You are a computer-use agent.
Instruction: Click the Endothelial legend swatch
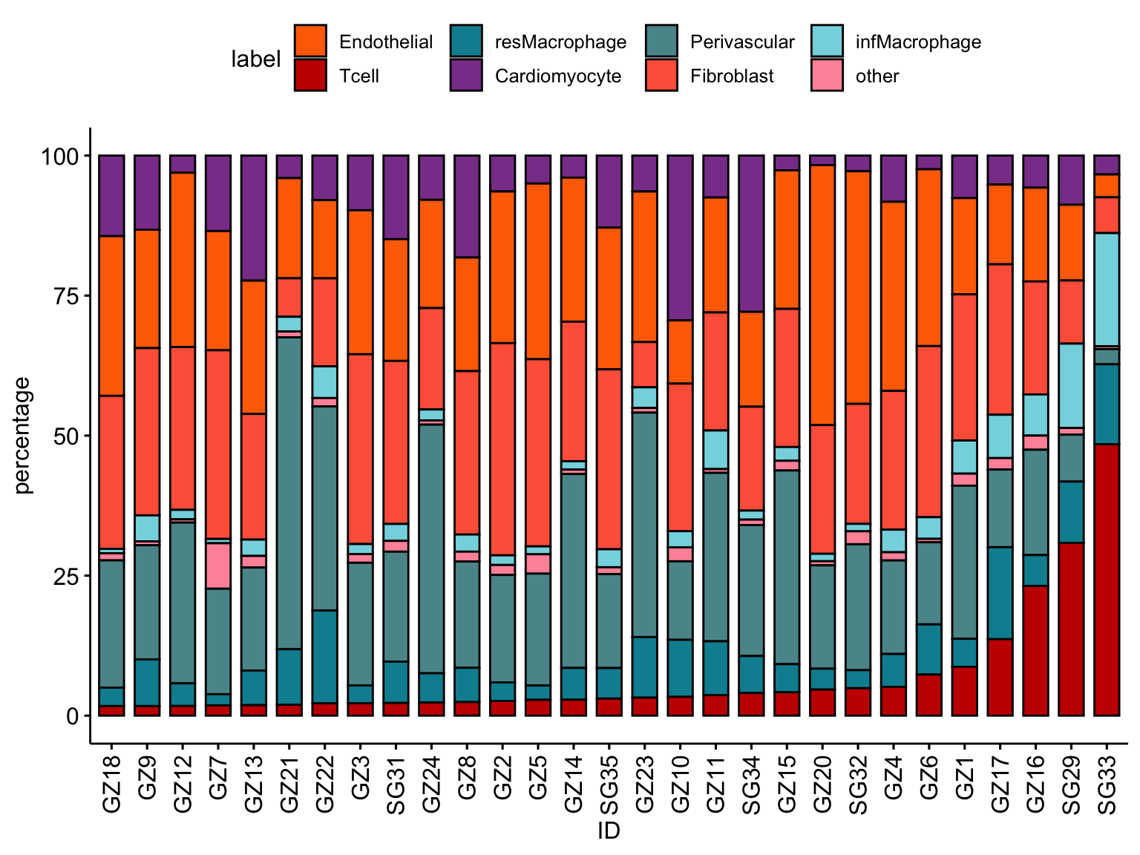(310, 42)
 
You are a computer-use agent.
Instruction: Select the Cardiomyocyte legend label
(558, 76)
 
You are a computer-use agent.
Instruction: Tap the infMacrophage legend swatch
(828, 42)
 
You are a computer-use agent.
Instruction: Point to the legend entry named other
(877, 76)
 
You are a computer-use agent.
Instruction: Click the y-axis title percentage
(23, 436)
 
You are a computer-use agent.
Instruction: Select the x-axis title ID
(609, 831)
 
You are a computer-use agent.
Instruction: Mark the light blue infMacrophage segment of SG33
(1107, 289)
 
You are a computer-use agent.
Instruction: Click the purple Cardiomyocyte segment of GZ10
(680, 237)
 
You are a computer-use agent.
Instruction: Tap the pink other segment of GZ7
(218, 566)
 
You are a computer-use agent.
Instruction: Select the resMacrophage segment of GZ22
(324, 656)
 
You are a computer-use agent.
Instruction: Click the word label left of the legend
(256, 59)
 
